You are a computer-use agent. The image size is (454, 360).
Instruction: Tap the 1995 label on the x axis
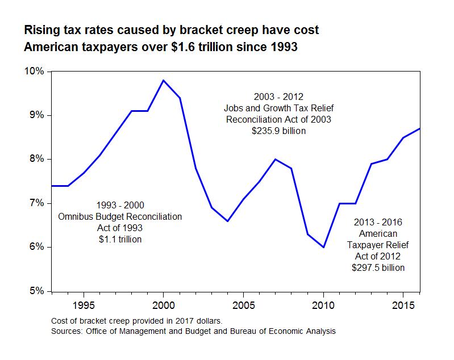84,304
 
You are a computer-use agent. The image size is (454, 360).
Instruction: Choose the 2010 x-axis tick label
323,304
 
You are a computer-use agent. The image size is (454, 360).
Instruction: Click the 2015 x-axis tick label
403,304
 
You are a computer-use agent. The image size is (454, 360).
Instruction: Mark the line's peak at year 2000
164,80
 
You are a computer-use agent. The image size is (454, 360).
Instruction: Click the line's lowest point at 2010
323,247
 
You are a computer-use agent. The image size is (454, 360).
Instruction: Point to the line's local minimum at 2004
227,221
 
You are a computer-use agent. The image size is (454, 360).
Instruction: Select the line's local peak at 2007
276,159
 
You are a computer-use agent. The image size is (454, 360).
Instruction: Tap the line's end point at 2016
419,128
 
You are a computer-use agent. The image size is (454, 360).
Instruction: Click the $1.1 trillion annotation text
120,239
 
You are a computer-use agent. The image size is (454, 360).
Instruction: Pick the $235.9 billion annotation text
278,131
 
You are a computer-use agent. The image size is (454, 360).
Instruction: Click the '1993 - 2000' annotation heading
120,205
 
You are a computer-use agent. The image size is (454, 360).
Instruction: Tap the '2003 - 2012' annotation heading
278,97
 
